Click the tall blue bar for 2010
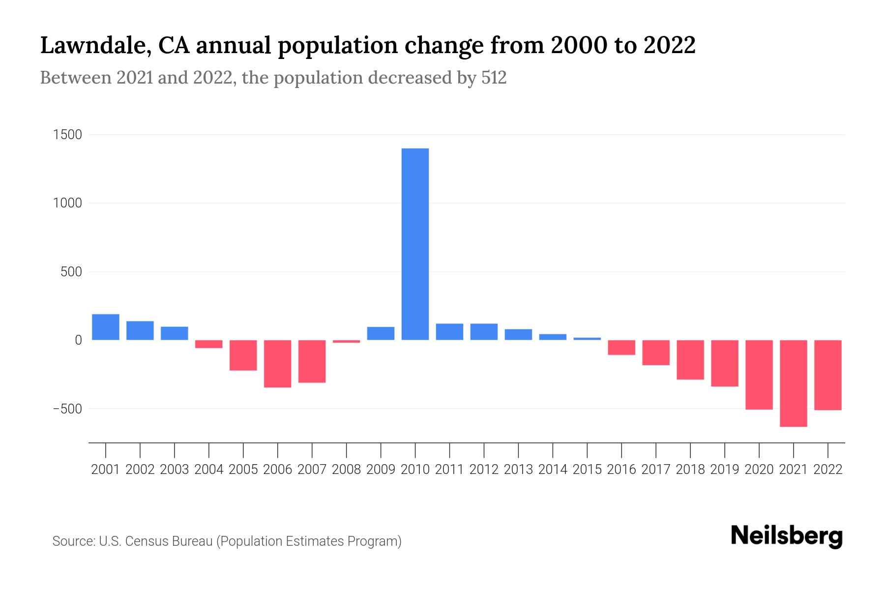[x=415, y=244]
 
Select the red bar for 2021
[x=793, y=383]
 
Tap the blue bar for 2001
[x=106, y=327]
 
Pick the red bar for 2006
[x=277, y=363]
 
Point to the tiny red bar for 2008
[x=346, y=341]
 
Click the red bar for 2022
[x=827, y=375]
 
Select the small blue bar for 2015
[x=587, y=339]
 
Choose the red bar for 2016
[x=621, y=347]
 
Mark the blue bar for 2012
[x=484, y=332]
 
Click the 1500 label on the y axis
[x=67, y=135]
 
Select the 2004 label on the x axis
[x=209, y=470]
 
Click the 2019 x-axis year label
[x=725, y=470]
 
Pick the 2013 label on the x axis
[x=518, y=470]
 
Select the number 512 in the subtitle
[x=494, y=78]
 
